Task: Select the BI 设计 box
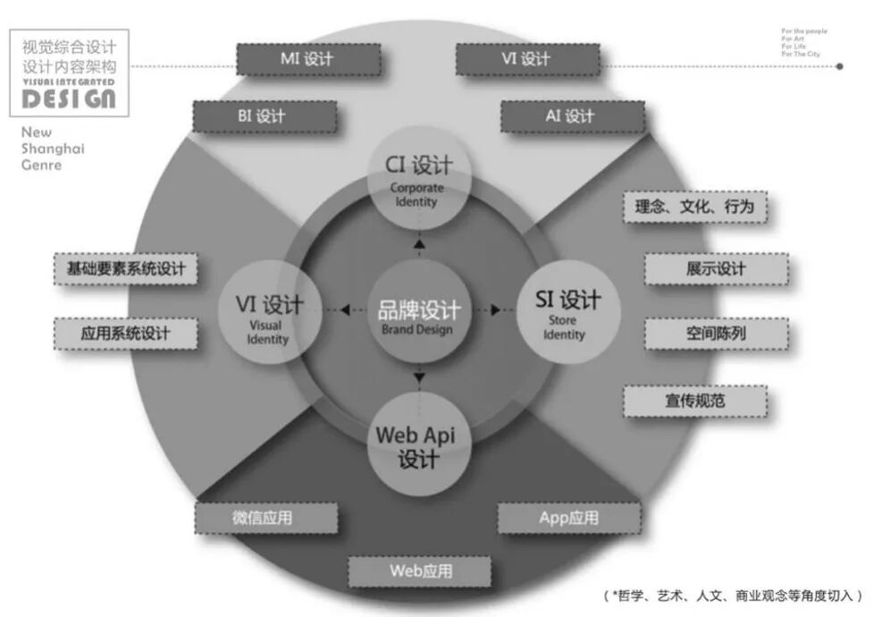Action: pos(265,116)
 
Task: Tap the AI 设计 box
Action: pos(571,116)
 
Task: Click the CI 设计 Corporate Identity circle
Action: pos(418,179)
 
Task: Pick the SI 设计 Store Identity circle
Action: pos(567,313)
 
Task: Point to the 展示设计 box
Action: pos(716,269)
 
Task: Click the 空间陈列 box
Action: pos(716,334)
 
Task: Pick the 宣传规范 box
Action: pos(695,400)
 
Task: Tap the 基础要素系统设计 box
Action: pos(125,268)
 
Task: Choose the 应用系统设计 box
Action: pos(125,334)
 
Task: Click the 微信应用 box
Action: pos(267,518)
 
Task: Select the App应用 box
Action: pos(569,518)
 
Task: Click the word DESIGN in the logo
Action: pos(69,98)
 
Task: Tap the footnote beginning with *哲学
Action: pos(733,596)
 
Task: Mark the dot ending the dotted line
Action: pos(839,65)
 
